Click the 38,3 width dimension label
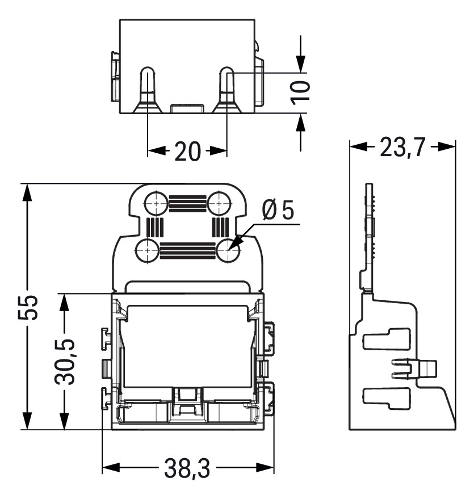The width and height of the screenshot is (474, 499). pyautogui.click(x=187, y=469)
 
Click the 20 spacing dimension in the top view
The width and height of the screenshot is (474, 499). pyautogui.click(x=187, y=152)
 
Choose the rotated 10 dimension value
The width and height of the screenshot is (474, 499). pyautogui.click(x=301, y=91)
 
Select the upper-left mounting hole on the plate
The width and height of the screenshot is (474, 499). pyautogui.click(x=155, y=203)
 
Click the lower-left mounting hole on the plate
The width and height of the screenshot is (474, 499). pyautogui.click(x=148, y=250)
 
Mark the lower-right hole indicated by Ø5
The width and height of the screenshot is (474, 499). pyautogui.click(x=228, y=250)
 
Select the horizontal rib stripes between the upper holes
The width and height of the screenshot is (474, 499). pyautogui.click(x=187, y=203)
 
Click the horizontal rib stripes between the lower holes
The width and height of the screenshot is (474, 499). pyautogui.click(x=187, y=250)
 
